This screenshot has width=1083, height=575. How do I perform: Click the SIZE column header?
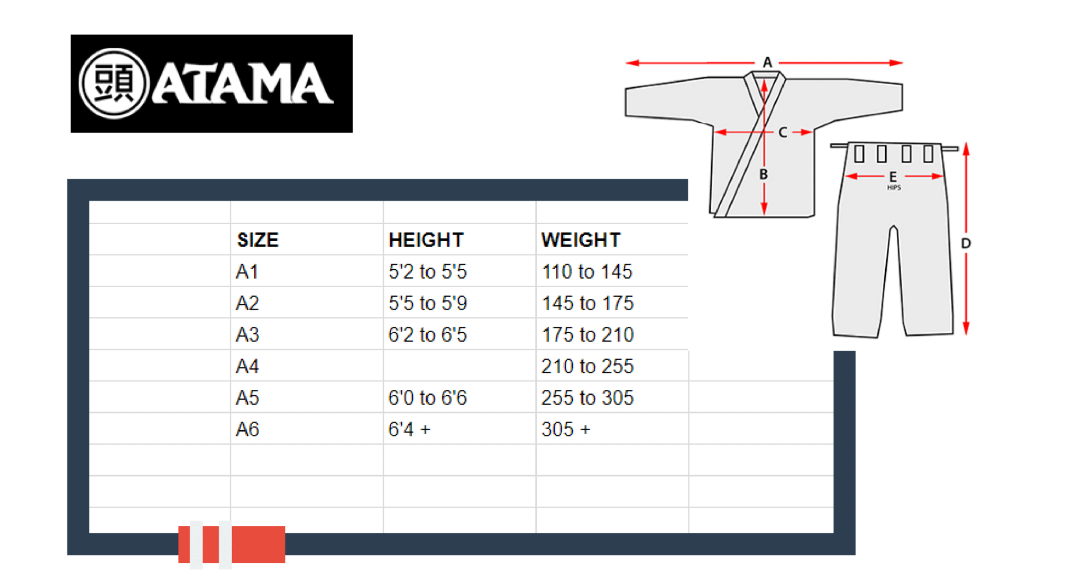[x=258, y=240]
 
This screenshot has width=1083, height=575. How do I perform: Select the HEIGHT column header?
[x=426, y=240]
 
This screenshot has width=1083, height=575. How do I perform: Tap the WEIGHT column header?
[x=581, y=240]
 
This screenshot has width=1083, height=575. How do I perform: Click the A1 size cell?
[x=247, y=272]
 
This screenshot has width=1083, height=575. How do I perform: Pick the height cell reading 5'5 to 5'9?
[x=428, y=303]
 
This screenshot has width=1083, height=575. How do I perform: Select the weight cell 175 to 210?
[x=588, y=335]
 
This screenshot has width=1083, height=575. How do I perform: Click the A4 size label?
[x=247, y=366]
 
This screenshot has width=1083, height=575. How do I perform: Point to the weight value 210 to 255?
[x=588, y=366]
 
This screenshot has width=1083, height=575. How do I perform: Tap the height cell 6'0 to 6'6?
[x=428, y=398]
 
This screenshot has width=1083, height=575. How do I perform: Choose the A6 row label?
[x=247, y=430]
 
